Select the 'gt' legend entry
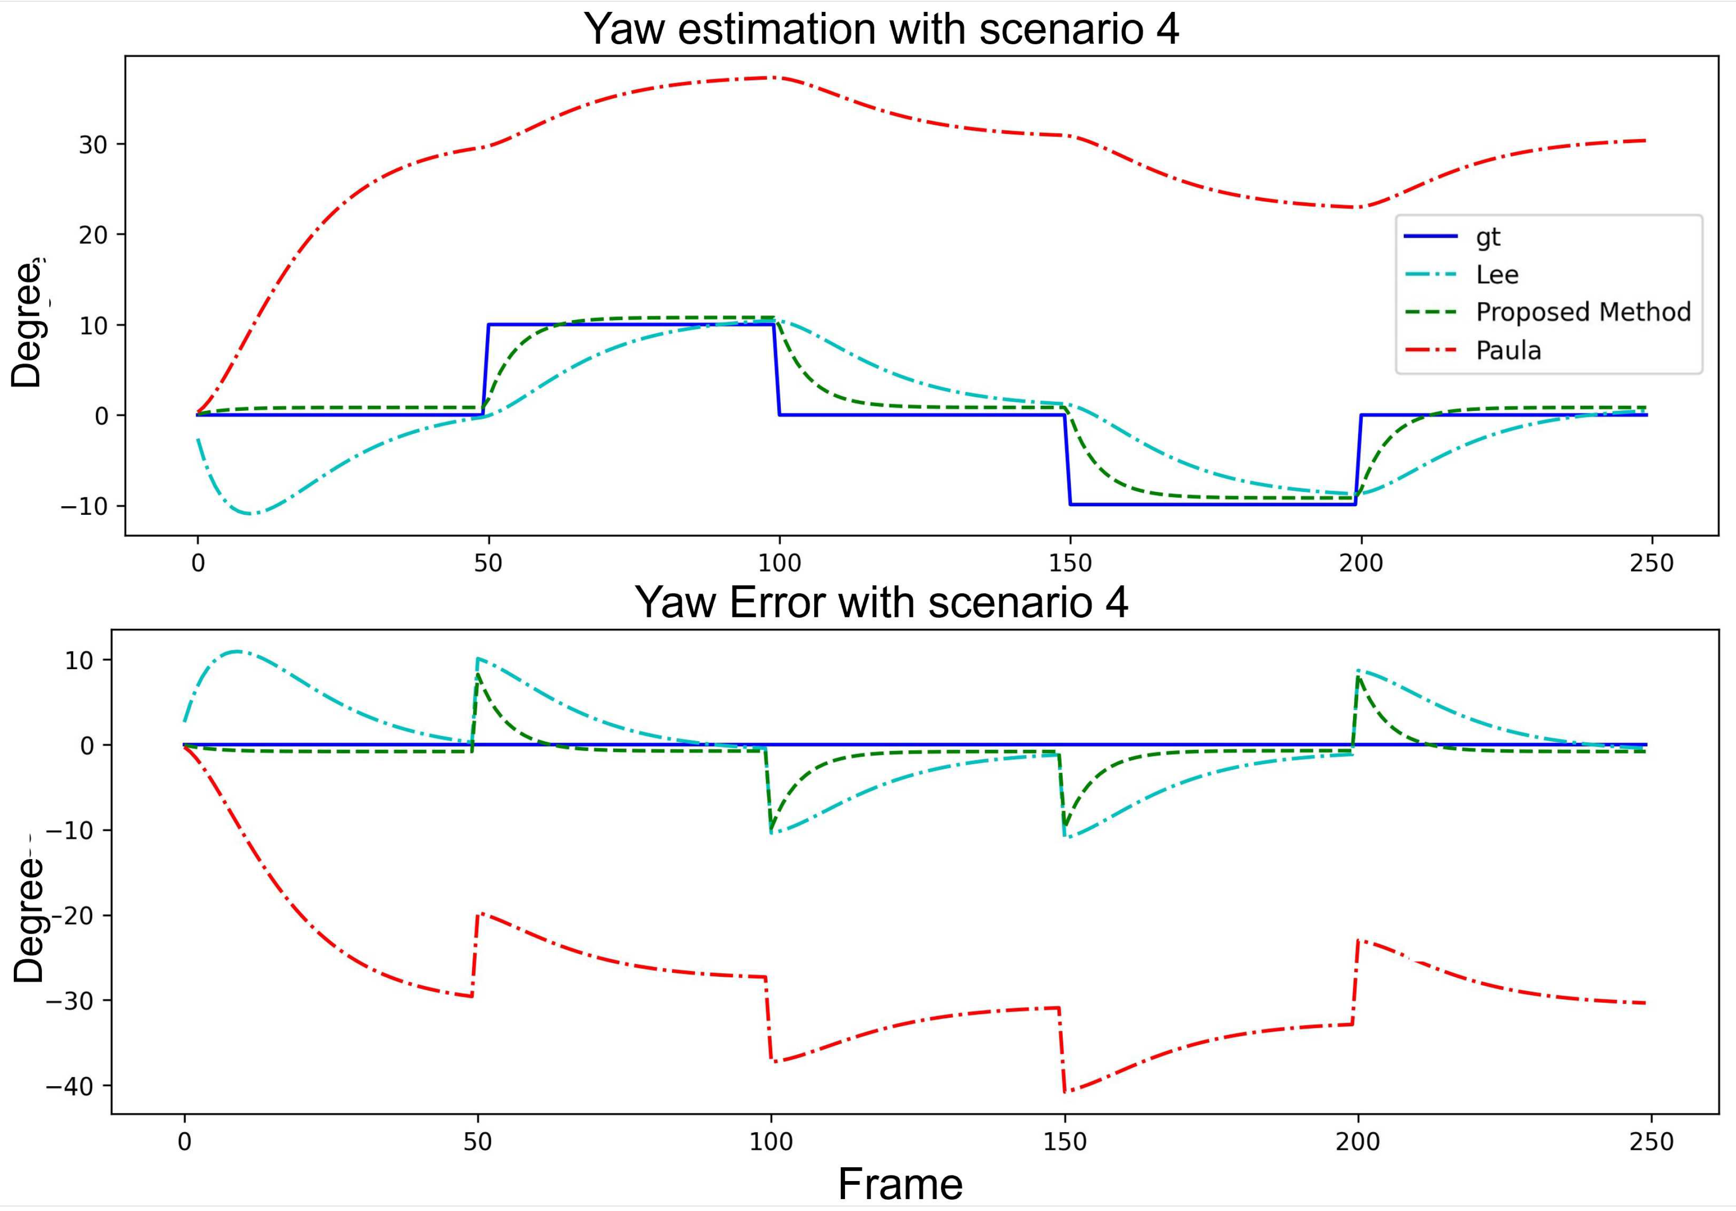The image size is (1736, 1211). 1487,237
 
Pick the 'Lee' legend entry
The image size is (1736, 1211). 1496,275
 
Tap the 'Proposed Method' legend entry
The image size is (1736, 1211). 1583,312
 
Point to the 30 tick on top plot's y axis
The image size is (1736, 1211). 93,144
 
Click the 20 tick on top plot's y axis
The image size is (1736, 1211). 93,235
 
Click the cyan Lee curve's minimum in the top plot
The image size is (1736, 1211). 252,514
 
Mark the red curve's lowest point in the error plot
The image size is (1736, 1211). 1065,1092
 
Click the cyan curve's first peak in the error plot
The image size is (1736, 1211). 237,651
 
